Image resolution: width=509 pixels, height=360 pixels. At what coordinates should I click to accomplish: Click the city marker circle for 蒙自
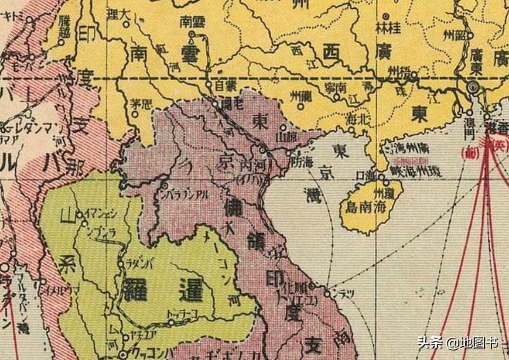coord(207,83)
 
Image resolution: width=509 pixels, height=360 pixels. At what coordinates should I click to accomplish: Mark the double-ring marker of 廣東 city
coord(473,87)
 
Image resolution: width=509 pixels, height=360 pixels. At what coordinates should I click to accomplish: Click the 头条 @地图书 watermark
coord(457,343)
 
